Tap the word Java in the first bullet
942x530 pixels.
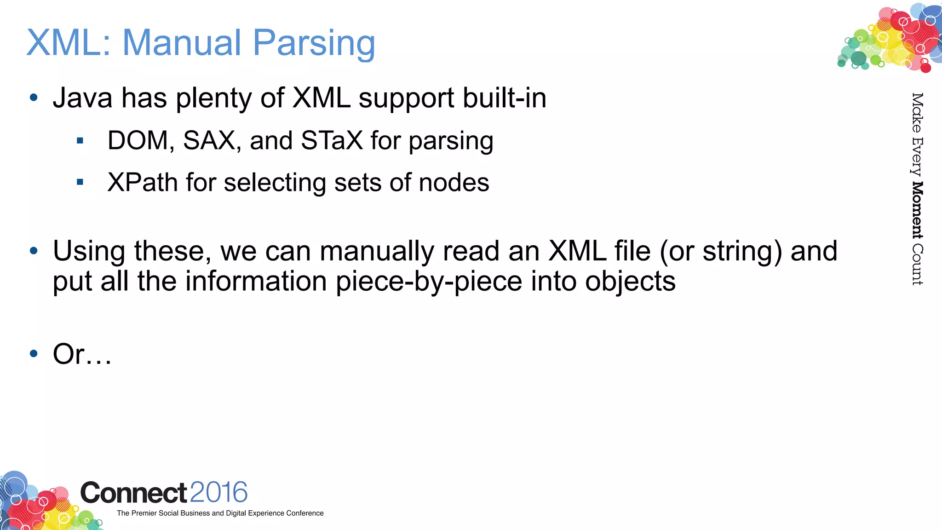point(82,98)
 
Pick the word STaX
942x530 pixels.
point(332,140)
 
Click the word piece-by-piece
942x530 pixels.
point(429,281)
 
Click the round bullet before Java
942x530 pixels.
point(34,98)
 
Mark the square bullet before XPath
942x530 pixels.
point(80,182)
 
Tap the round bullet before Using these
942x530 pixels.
point(34,251)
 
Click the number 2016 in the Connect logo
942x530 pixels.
point(218,492)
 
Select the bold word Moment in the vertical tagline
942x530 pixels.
point(917,210)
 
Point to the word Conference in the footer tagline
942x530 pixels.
point(304,513)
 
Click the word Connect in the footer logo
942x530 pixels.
point(133,493)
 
